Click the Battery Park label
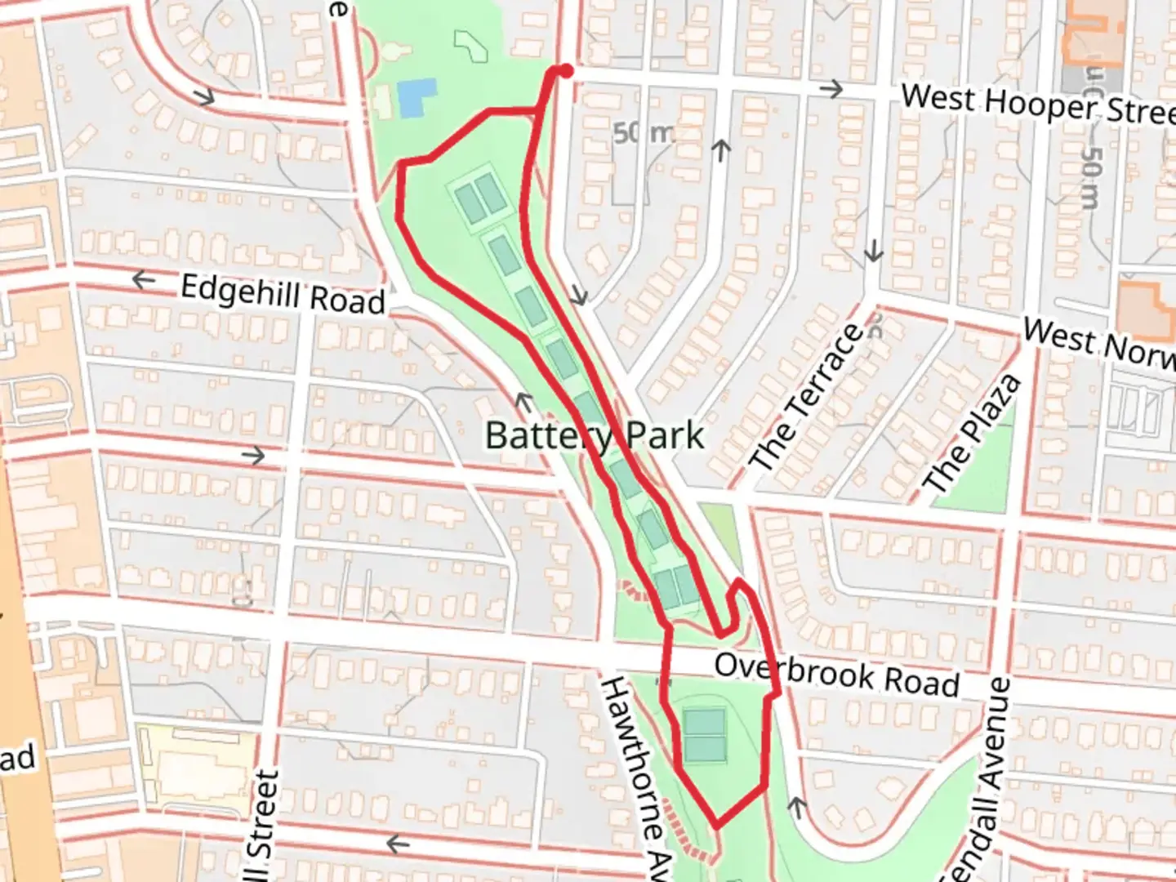(x=594, y=434)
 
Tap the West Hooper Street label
(x=1037, y=105)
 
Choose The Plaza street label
(x=972, y=434)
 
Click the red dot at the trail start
(x=565, y=72)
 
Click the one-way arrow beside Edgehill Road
(x=144, y=280)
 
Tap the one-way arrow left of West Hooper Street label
(x=832, y=88)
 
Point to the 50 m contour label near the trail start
(x=642, y=132)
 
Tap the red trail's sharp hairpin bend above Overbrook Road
(x=738, y=583)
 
